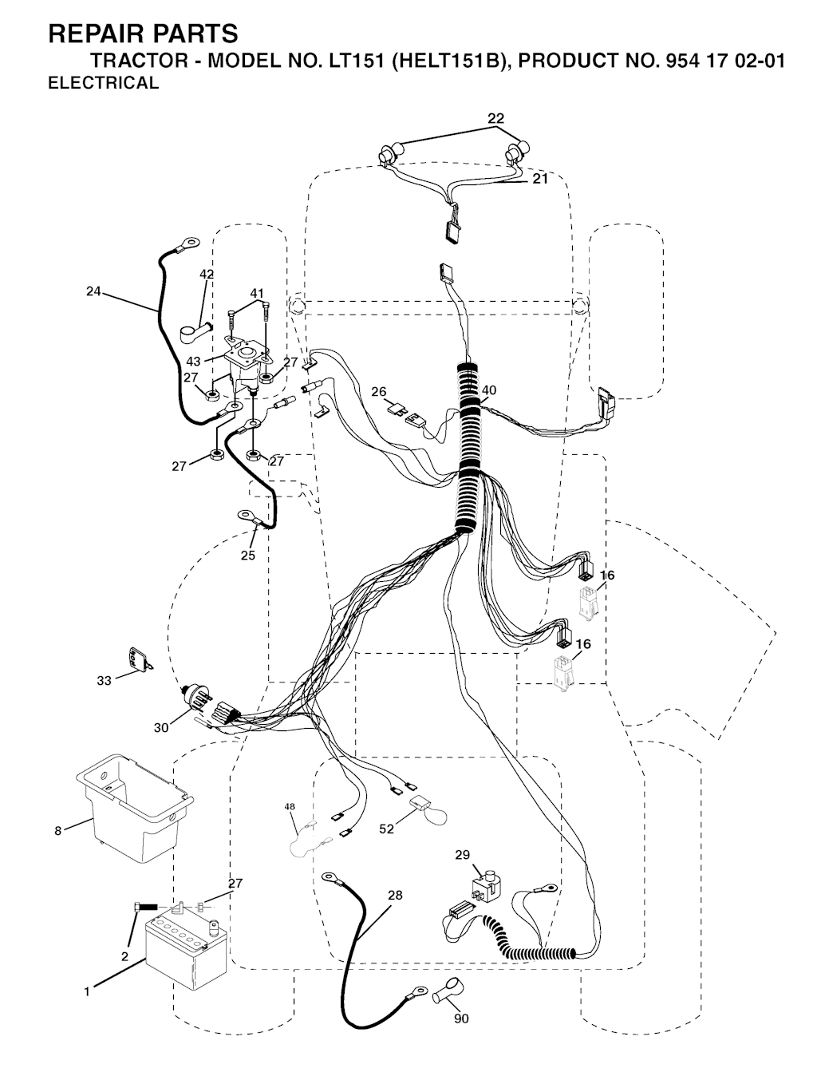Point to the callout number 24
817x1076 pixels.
coord(93,291)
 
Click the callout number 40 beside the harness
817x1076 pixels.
coord(489,390)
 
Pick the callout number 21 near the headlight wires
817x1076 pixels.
coord(540,179)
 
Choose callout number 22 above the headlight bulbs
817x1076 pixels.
coord(495,118)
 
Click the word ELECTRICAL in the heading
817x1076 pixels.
coord(104,83)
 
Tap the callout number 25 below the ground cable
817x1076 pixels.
coord(248,555)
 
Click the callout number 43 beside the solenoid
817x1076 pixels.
coord(193,362)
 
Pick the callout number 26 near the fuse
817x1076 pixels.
coord(379,392)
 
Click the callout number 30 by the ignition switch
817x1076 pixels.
coord(160,728)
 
